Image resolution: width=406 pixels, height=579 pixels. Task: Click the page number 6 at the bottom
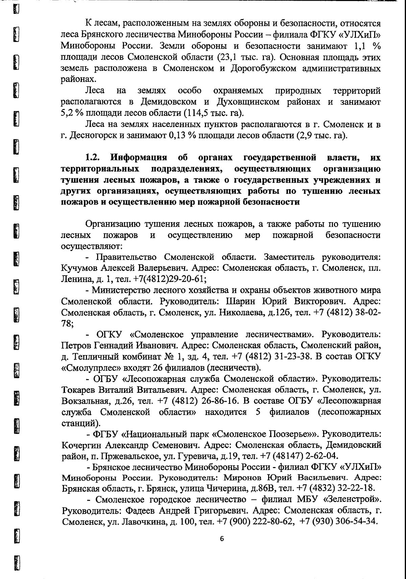[x=222, y=539]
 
